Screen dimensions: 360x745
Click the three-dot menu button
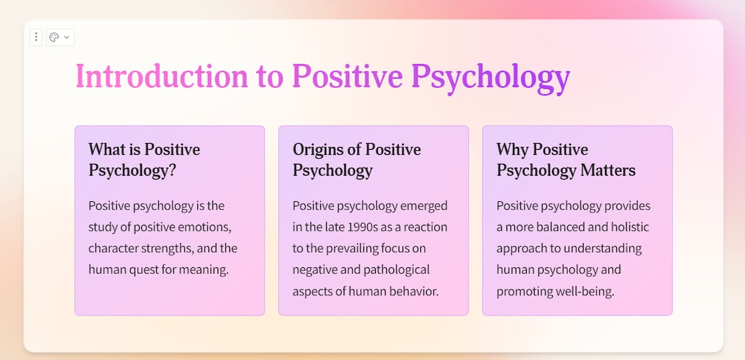[36, 37]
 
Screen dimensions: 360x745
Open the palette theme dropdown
[60, 37]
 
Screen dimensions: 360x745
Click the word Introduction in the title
[161, 76]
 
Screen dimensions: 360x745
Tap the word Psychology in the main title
[490, 76]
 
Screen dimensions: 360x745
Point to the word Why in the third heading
[512, 150]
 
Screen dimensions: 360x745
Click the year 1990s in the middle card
[370, 227]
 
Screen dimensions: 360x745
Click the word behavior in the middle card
[410, 291]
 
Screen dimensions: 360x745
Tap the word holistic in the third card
[626, 227]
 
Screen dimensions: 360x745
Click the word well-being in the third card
[582, 291]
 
